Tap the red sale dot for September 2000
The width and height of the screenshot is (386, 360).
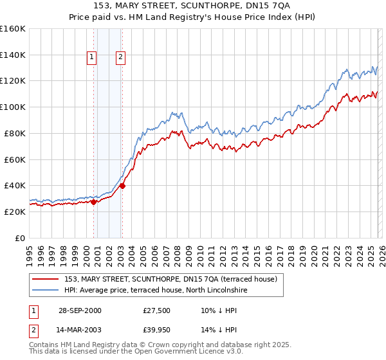click(x=94, y=202)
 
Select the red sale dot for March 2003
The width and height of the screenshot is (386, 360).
click(x=122, y=186)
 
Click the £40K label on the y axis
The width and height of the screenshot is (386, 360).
click(x=15, y=185)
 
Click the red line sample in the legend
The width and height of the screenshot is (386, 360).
click(x=45, y=279)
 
